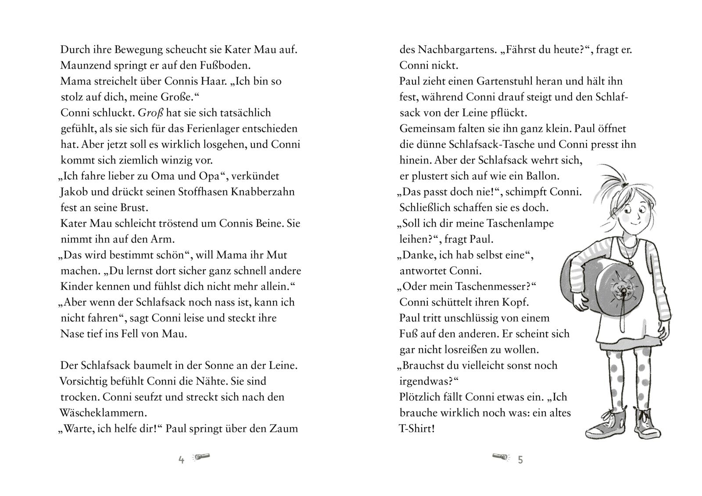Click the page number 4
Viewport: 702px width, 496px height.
click(x=181, y=460)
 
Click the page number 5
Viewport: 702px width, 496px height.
click(x=520, y=460)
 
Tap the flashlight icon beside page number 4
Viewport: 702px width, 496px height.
click(x=201, y=458)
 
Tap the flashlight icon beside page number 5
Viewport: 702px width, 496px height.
click(x=501, y=458)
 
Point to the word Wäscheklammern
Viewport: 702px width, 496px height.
click(x=103, y=413)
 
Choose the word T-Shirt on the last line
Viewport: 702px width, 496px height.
click(x=416, y=428)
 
